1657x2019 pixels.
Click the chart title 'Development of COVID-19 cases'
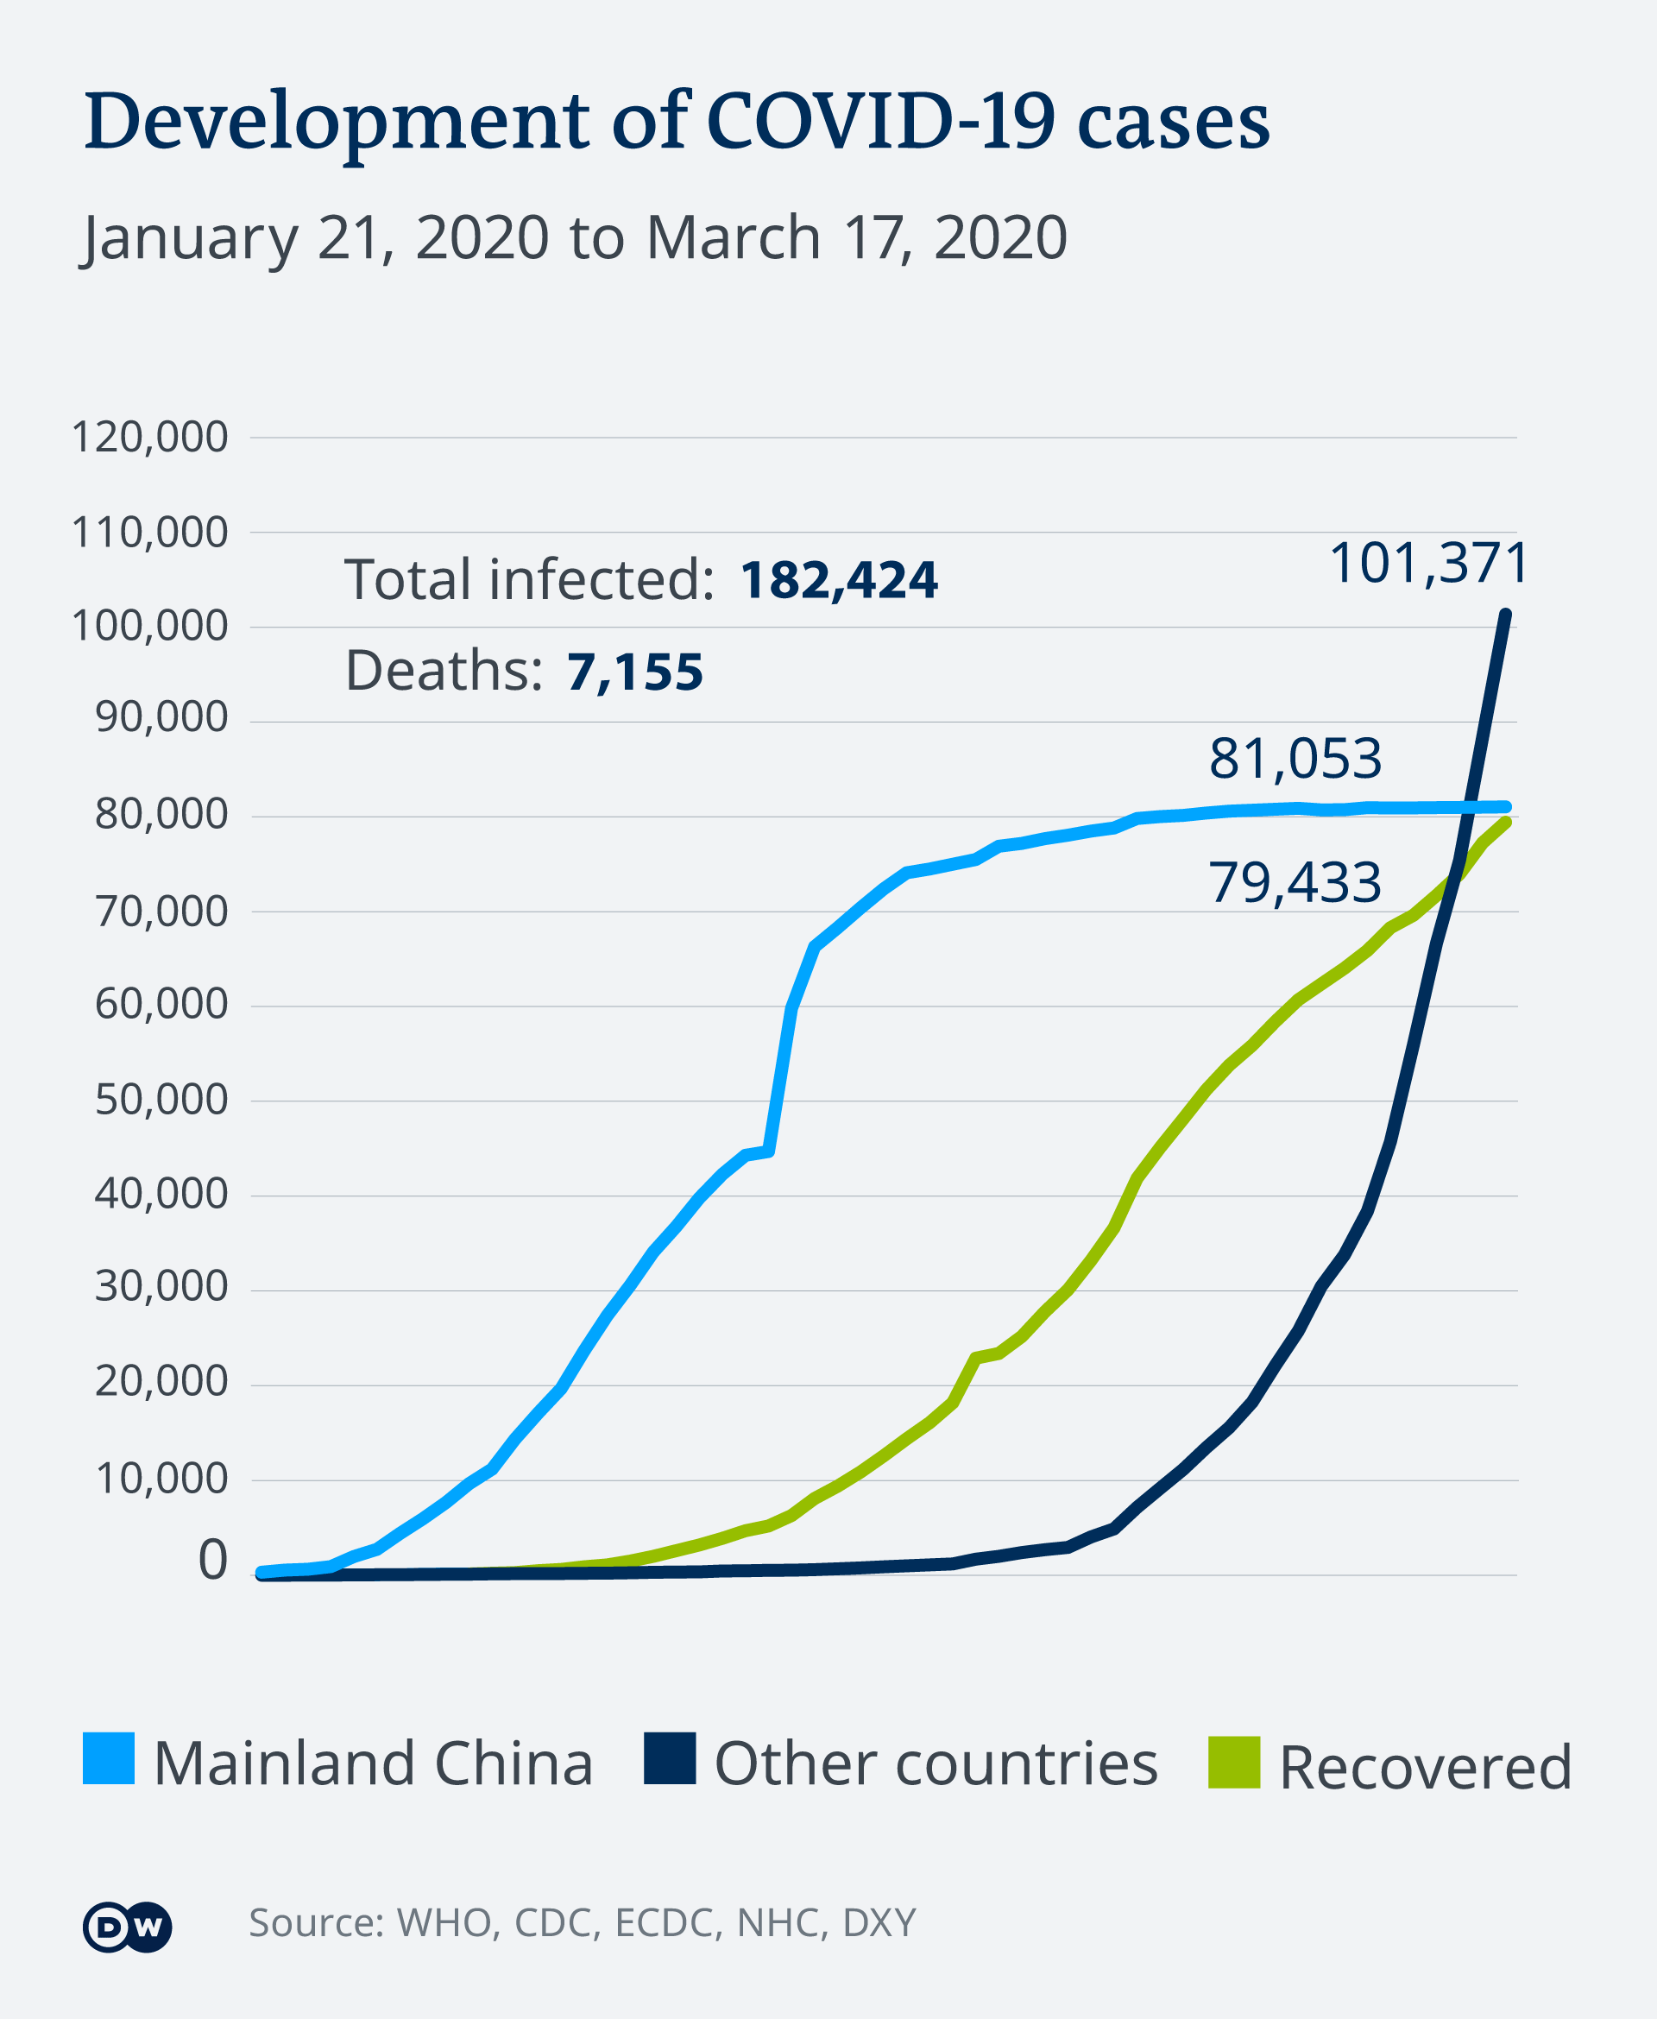click(x=677, y=123)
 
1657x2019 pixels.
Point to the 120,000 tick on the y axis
click(x=150, y=438)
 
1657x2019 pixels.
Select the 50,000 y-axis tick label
click(x=161, y=1100)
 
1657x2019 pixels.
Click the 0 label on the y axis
click(x=212, y=1561)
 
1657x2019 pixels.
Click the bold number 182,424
click(x=838, y=579)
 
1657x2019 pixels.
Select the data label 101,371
click(x=1428, y=562)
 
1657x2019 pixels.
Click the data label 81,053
click(x=1295, y=759)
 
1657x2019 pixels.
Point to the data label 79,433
click(x=1295, y=882)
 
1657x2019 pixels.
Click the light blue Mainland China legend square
click(x=109, y=1758)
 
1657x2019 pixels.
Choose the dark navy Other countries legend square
click(x=669, y=1758)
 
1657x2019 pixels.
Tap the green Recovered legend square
click(x=1233, y=1763)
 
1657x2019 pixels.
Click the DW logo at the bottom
click(x=127, y=1928)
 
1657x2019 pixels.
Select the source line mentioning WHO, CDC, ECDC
click(x=583, y=1922)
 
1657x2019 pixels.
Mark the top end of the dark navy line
click(x=1506, y=615)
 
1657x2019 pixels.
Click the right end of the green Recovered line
click(x=1505, y=822)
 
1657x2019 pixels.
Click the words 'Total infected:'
click(x=529, y=579)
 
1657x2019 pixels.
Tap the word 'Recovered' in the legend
click(x=1424, y=1767)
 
